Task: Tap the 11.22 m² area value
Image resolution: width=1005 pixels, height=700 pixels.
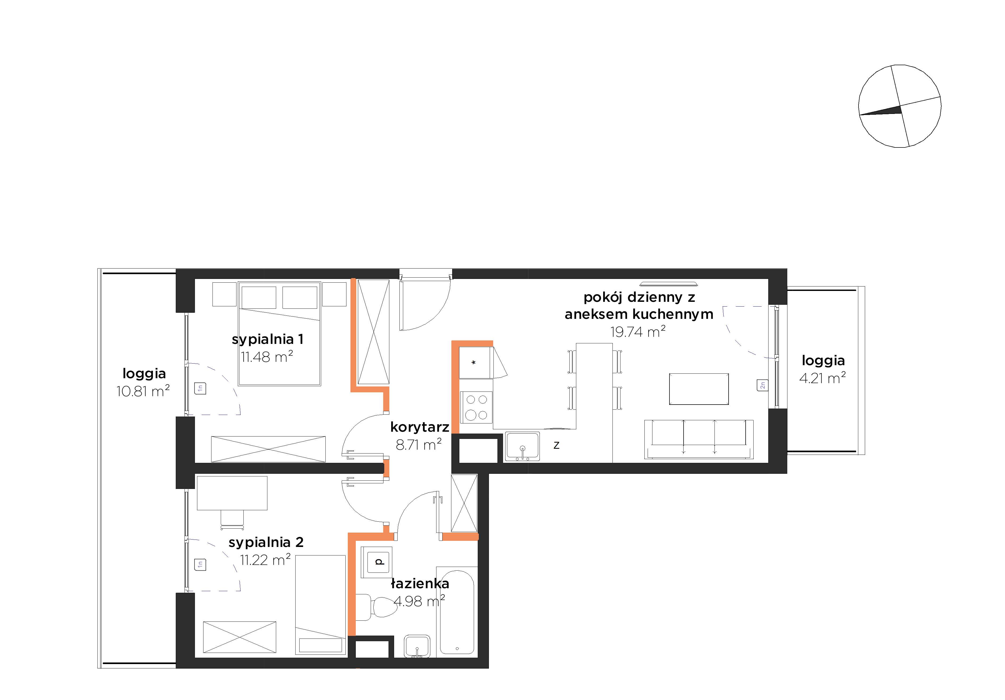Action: click(265, 559)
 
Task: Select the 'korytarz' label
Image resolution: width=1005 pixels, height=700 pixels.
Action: click(420, 427)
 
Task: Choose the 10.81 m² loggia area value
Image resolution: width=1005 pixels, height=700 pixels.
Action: click(143, 391)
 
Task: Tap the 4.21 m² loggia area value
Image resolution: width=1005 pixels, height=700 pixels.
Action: click(823, 378)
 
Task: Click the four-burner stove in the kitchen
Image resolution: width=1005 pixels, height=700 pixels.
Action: click(476, 407)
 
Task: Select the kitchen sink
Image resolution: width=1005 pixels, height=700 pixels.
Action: click(522, 447)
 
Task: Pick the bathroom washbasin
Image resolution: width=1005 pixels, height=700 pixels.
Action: click(417, 647)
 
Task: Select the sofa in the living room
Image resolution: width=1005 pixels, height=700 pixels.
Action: click(698, 439)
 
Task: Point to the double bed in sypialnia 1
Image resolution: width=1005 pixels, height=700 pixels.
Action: click(279, 333)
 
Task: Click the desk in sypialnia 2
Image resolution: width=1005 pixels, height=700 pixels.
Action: click(232, 493)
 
